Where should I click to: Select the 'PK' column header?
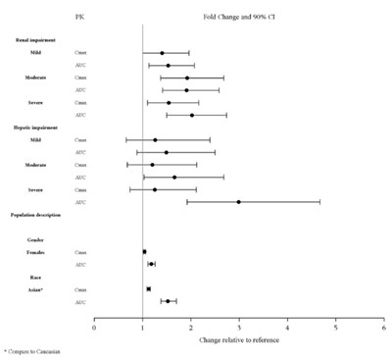coord(80,18)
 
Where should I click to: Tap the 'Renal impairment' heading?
coord(36,40)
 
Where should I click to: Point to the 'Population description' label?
coord(39,214)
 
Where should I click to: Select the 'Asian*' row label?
coord(36,289)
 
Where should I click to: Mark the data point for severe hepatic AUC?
coord(239,202)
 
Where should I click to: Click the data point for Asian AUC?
coord(168,301)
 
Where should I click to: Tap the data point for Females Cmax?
coord(144,252)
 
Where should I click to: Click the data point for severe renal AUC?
coord(192,115)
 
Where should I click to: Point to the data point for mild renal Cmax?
coord(162,53)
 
